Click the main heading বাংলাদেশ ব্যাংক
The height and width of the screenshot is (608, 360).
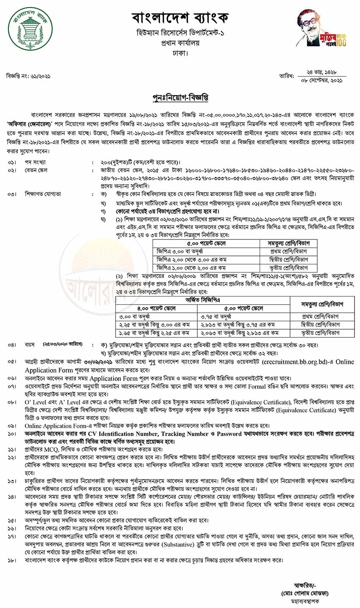[180, 18]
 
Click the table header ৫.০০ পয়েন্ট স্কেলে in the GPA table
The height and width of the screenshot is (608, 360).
[206, 244]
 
